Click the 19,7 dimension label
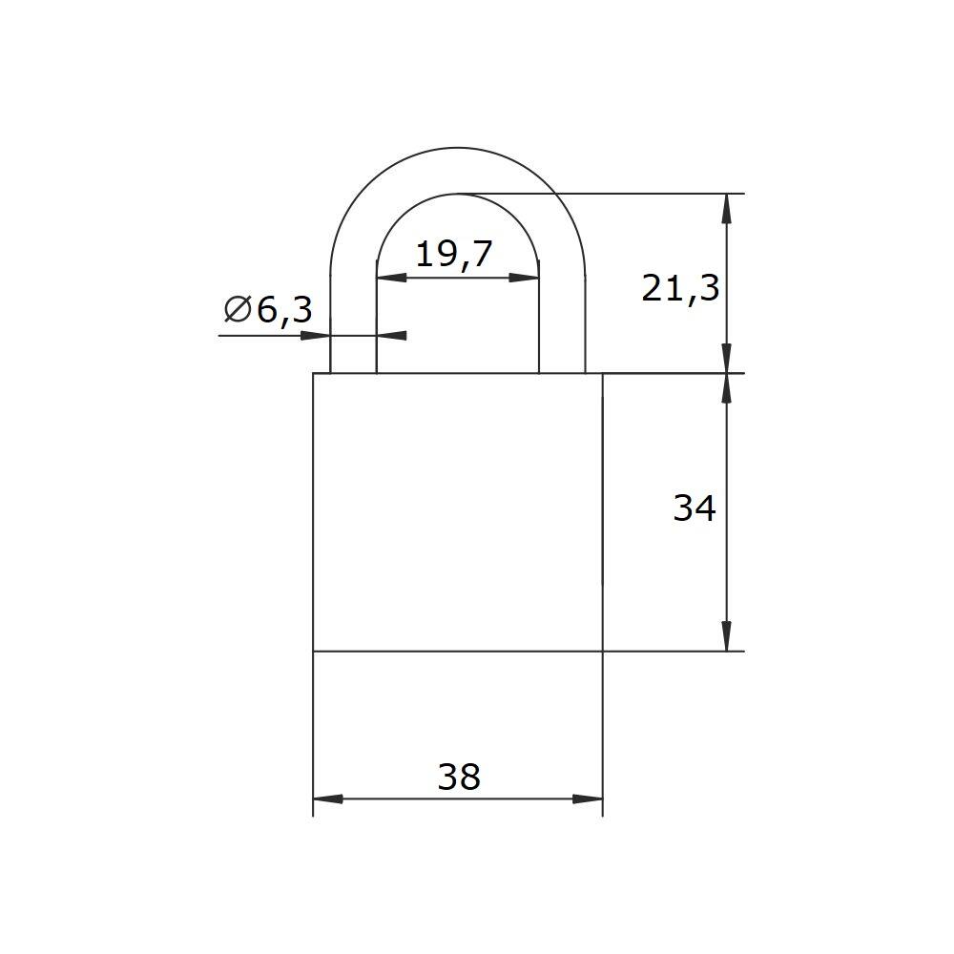pyautogui.click(x=453, y=255)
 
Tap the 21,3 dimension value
pyautogui.click(x=680, y=288)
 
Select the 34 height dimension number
pyautogui.click(x=695, y=508)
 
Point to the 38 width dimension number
pyautogui.click(x=459, y=777)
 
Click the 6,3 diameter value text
pyautogui.click(x=284, y=310)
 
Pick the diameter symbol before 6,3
pyautogui.click(x=238, y=309)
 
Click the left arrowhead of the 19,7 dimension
pyautogui.click(x=392, y=278)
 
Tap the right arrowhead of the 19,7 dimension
pyautogui.click(x=524, y=278)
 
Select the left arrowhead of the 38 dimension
pyautogui.click(x=328, y=798)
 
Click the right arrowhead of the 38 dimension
pyautogui.click(x=588, y=798)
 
